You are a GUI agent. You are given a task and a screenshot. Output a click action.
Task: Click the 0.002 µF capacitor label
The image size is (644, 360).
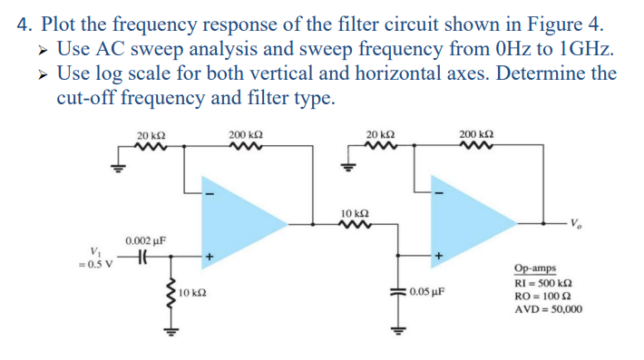coord(145,240)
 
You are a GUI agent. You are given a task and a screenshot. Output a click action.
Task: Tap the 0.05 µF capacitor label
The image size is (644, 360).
coord(426,293)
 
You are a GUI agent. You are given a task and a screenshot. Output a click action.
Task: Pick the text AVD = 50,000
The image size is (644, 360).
coord(547,309)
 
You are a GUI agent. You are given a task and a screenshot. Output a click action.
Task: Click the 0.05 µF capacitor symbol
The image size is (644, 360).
coord(396,293)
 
